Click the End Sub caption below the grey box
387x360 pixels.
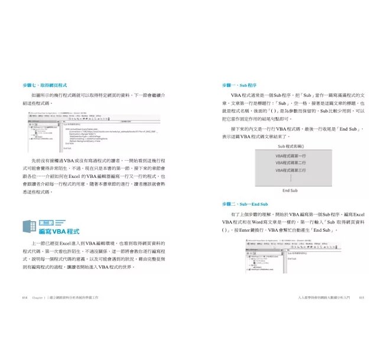coord(290,191)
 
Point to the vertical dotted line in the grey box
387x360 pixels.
coord(290,179)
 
